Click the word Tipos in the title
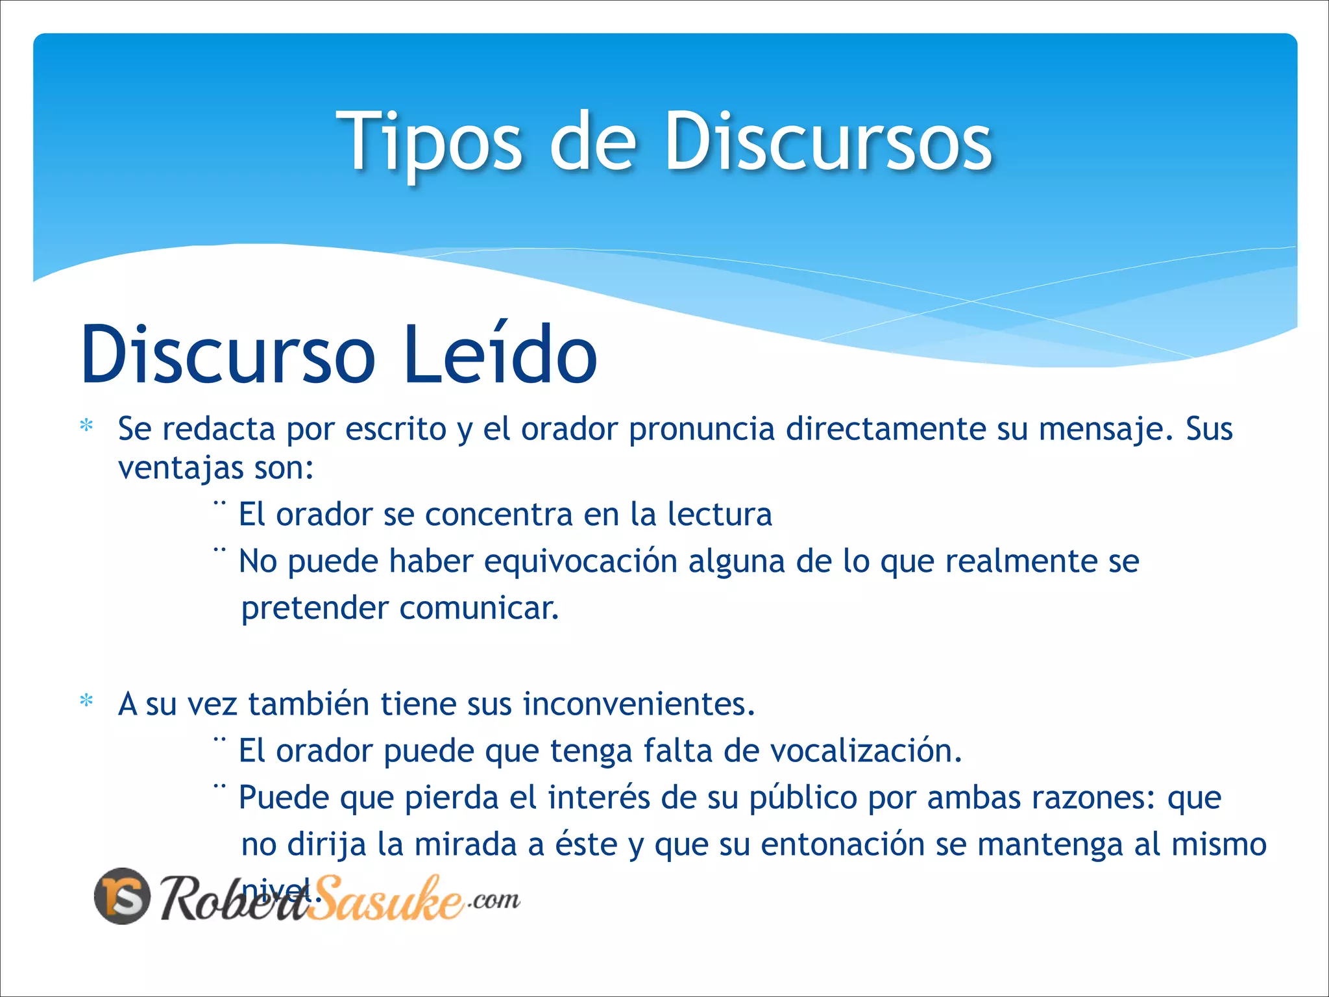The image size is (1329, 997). pyautogui.click(x=428, y=141)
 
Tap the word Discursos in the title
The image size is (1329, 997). pyautogui.click(x=828, y=141)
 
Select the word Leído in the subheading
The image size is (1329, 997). pyautogui.click(x=499, y=354)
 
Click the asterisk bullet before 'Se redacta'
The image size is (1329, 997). pyautogui.click(x=86, y=426)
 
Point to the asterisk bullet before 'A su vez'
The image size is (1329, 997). pyautogui.click(x=86, y=701)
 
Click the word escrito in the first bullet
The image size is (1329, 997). pyautogui.click(x=395, y=429)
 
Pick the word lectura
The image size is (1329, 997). pyautogui.click(x=720, y=514)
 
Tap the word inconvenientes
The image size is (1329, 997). pyautogui.click(x=639, y=704)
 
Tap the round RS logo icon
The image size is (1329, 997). pyautogui.click(x=123, y=896)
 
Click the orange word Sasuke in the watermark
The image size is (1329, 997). pyautogui.click(x=386, y=899)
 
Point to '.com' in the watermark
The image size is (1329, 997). pyautogui.click(x=494, y=900)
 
